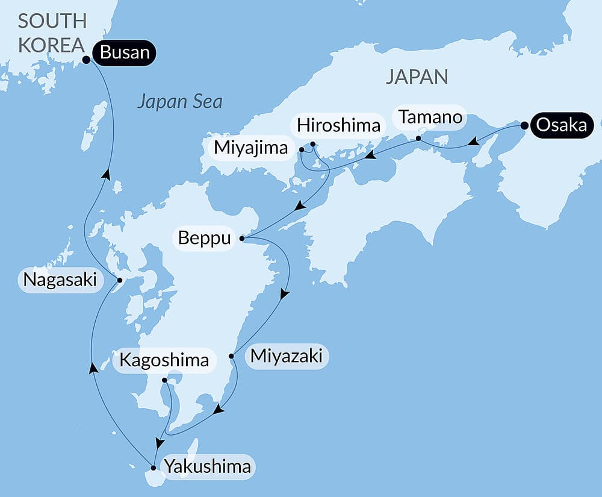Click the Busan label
[125, 53]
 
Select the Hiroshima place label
[340, 125]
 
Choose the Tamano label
[428, 117]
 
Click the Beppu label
[205, 239]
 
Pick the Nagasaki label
[60, 281]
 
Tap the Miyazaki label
[286, 357]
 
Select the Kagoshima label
[164, 361]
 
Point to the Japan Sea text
[179, 101]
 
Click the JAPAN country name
[417, 77]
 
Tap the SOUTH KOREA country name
[52, 33]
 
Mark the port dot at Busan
[86, 60]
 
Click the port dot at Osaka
[524, 126]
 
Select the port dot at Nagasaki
[119, 280]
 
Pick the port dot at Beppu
[242, 239]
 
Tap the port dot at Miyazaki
[232, 356]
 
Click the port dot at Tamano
[418, 139]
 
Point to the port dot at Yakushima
[154, 467]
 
